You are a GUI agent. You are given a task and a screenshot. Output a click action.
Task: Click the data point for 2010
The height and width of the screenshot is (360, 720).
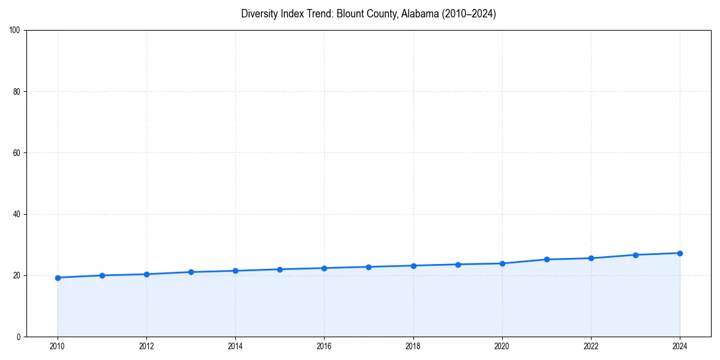[x=58, y=278]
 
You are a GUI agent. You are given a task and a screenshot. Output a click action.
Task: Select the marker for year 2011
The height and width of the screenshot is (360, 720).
[x=102, y=275]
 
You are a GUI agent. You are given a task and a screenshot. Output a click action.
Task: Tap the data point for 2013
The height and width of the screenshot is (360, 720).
[x=191, y=272]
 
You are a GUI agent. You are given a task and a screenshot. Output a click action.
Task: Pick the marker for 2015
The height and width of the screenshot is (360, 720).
[x=280, y=269]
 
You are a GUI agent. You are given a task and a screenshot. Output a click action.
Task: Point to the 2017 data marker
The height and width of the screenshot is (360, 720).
[x=368, y=267]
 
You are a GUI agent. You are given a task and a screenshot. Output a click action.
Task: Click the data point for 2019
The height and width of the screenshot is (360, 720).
[x=458, y=265]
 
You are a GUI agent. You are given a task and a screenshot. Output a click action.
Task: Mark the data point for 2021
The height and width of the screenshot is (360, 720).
[x=547, y=259]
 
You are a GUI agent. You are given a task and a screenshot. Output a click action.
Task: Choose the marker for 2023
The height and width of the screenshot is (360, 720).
[x=635, y=255]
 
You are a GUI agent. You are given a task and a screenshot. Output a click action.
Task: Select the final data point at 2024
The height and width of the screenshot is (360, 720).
[x=680, y=253]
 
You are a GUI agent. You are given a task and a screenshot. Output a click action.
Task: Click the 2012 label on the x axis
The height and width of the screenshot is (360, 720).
[x=146, y=346]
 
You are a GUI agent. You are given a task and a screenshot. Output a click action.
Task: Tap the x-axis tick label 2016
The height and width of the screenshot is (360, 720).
[x=324, y=346]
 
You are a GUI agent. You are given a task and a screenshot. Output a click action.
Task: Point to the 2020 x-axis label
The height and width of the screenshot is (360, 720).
[x=502, y=346]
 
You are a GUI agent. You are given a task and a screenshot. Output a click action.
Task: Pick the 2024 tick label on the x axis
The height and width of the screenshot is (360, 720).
[x=680, y=346]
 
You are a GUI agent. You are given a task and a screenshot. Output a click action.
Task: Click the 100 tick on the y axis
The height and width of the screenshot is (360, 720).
[x=15, y=31]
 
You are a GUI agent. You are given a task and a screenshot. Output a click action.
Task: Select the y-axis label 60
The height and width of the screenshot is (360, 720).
[x=17, y=153]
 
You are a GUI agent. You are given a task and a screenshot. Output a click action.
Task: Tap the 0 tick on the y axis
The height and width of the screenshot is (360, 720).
[x=19, y=337]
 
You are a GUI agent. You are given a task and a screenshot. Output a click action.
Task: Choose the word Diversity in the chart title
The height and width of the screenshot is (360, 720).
[x=260, y=14]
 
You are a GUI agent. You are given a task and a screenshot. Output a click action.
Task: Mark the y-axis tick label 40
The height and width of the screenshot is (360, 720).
[x=17, y=214]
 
